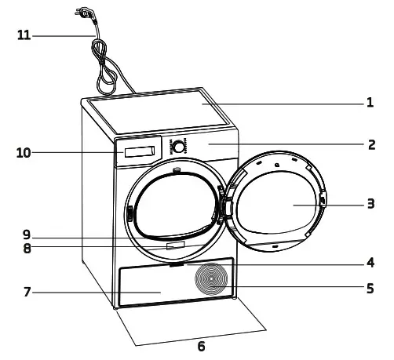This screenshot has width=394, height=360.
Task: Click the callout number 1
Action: point(370,103)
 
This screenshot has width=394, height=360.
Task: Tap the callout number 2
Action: point(370,144)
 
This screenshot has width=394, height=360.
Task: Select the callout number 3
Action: point(370,204)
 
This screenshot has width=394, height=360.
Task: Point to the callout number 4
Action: point(370,262)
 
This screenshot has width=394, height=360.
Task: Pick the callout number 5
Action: point(370,288)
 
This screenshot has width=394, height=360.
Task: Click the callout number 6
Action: point(201,347)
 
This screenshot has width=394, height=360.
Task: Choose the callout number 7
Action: point(27,293)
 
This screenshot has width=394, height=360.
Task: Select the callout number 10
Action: point(23,152)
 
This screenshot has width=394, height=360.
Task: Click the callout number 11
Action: point(24,35)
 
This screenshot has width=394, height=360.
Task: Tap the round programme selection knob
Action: point(180,147)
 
